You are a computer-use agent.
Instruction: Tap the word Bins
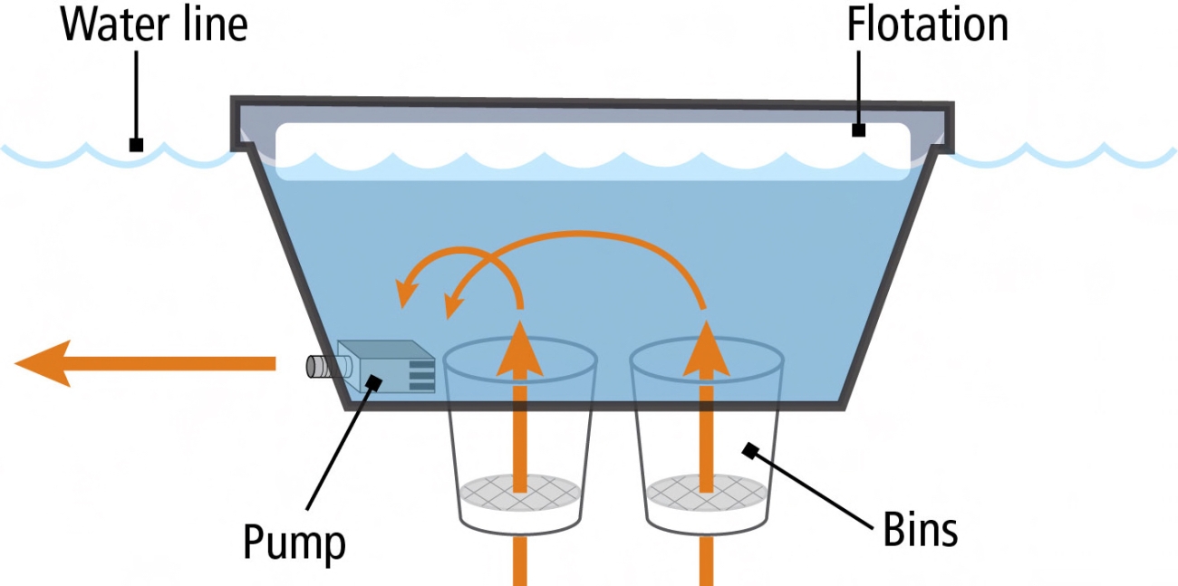(x=920, y=530)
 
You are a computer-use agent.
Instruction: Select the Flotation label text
(x=927, y=25)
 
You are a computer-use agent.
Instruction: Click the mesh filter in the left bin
(x=520, y=491)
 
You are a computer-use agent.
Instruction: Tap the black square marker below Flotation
(x=858, y=130)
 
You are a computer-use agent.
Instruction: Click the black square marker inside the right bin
(x=749, y=449)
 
